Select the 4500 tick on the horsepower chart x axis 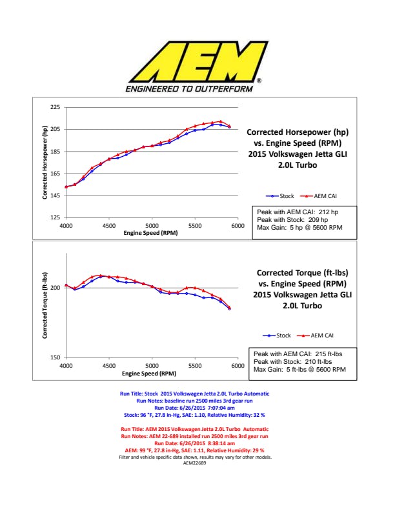click(x=108, y=226)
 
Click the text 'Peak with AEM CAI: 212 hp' click(x=297, y=212)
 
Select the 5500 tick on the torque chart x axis click(x=195, y=366)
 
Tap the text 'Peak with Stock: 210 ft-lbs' click(x=298, y=362)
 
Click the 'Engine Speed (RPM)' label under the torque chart click(x=151, y=373)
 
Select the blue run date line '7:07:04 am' click(x=194, y=408)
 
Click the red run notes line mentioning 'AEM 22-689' click(x=194, y=436)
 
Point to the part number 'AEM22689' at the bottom click(x=194, y=463)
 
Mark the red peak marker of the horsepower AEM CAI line click(x=221, y=121)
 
